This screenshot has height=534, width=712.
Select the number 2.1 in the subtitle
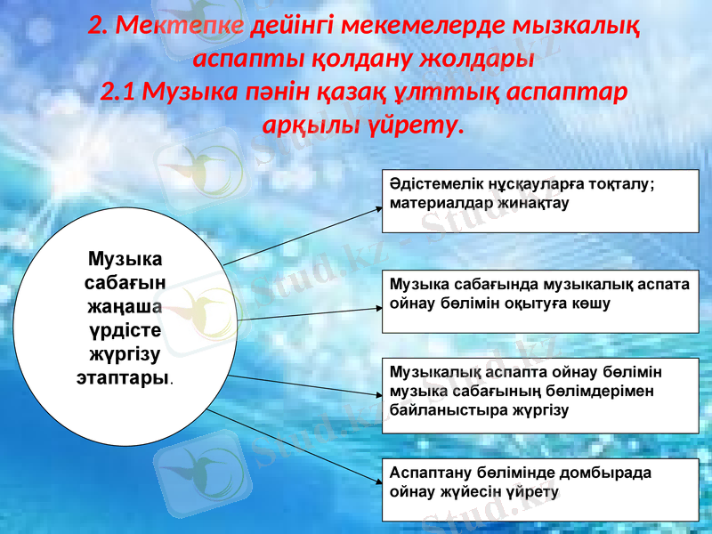118,92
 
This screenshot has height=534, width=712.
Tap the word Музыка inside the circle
125,260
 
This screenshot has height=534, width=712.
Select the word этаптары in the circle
123,377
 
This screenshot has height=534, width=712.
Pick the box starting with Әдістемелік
540,200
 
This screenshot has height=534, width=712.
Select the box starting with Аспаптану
540,489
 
